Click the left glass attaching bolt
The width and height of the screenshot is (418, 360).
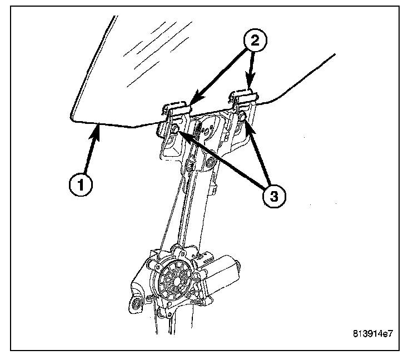pyautogui.click(x=174, y=131)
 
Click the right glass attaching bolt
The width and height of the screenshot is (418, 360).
pyautogui.click(x=242, y=116)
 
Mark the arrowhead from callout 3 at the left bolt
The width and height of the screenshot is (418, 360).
pyautogui.click(x=179, y=134)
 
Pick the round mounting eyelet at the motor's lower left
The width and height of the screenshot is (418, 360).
pyautogui.click(x=135, y=303)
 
